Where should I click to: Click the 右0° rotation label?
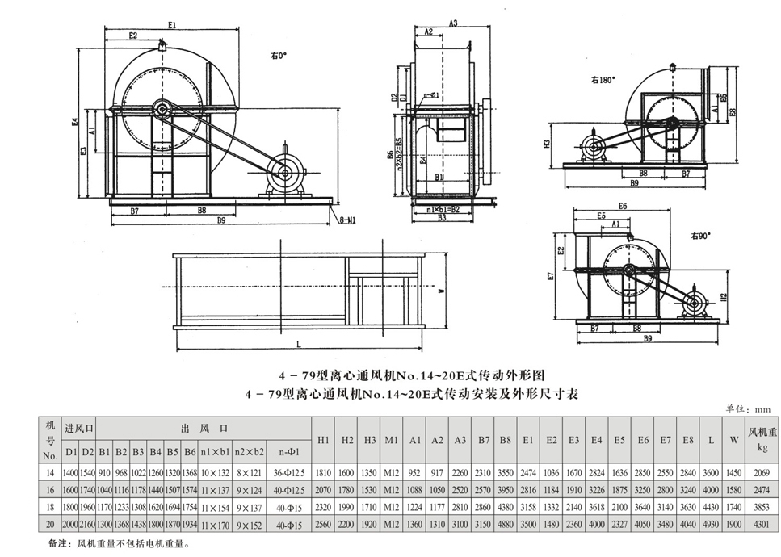(279, 56)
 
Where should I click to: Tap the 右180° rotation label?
(603, 80)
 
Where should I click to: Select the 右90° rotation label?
(699, 237)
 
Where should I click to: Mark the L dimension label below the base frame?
(299, 345)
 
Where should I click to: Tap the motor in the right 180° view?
(595, 148)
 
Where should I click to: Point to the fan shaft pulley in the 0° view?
(162, 110)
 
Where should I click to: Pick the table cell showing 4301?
(762, 526)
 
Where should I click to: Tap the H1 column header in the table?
(322, 440)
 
